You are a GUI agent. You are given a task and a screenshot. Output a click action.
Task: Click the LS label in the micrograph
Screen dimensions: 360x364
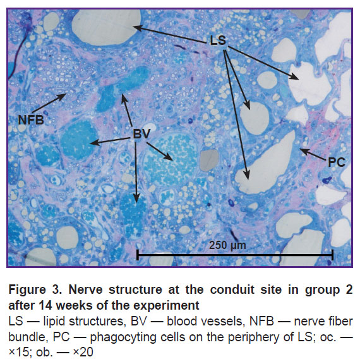coord(218,40)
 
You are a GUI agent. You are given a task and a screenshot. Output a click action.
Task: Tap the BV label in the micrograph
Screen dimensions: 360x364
coord(141,134)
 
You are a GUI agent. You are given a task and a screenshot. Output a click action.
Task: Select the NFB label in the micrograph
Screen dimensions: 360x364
coord(31,120)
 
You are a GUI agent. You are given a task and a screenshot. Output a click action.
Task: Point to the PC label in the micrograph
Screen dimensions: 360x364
coord(337,162)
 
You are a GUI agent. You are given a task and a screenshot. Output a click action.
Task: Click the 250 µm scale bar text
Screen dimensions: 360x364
coord(227,245)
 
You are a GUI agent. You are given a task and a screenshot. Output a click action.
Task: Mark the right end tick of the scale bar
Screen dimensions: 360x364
coord(333,255)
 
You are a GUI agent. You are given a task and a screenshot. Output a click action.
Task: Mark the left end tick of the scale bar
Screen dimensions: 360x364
coord(138,255)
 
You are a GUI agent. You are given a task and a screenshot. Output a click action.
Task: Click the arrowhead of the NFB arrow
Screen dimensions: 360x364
coord(66,94)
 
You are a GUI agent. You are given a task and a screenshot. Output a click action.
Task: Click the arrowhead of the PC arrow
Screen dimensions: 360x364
coord(299,149)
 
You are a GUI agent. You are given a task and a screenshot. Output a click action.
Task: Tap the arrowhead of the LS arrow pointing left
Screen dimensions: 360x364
coord(133,27)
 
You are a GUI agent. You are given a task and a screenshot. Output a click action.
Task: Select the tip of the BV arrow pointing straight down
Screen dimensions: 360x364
coord(136,203)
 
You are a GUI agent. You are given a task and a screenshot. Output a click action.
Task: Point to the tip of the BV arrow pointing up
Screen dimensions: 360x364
coord(123,95)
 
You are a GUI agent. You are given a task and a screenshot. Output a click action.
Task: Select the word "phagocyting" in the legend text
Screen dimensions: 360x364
coord(123,337)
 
